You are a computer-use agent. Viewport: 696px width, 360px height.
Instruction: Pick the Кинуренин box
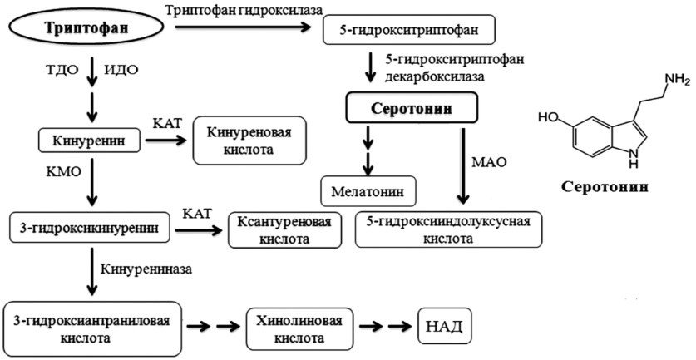[x=87, y=140]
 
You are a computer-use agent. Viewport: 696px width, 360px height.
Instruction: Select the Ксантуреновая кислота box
[x=285, y=230]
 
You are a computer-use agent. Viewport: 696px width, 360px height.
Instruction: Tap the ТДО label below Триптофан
[x=67, y=70]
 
